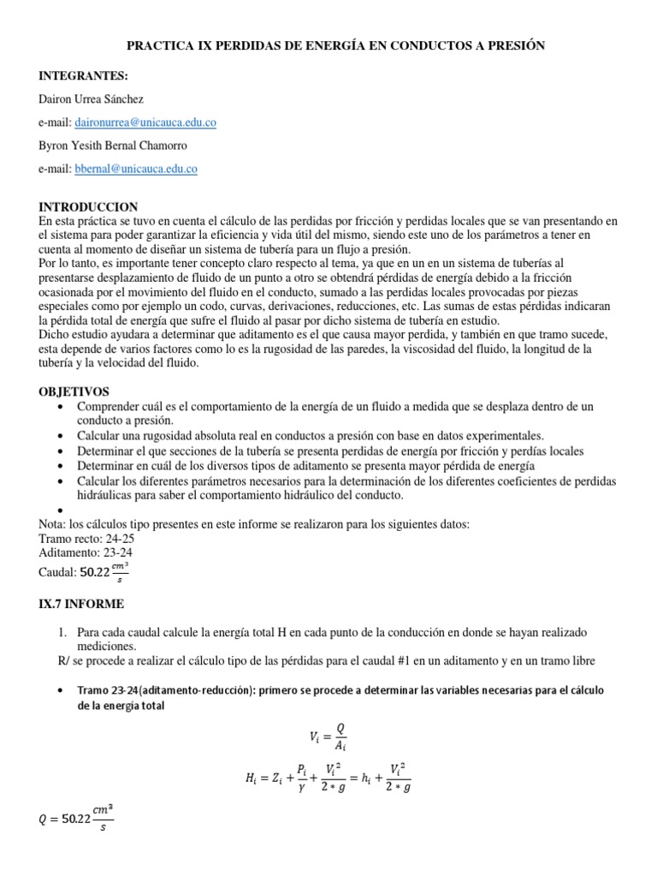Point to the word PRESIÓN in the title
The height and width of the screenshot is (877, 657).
(x=512, y=45)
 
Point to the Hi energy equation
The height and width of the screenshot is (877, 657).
(x=328, y=779)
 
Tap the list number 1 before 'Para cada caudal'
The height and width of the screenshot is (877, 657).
(x=62, y=631)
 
